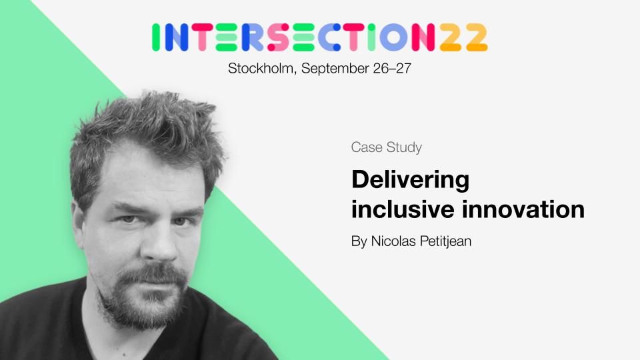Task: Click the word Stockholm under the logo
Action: tap(261, 68)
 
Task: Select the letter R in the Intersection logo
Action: tap(253, 37)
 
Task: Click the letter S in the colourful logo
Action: tap(279, 37)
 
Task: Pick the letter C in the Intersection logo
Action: tap(330, 37)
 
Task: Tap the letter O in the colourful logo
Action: tap(394, 37)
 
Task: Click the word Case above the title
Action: tap(367, 147)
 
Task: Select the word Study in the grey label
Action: tap(404, 147)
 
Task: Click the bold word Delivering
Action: tap(410, 180)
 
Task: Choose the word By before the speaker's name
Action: tap(359, 241)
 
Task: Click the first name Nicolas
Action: tap(393, 241)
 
